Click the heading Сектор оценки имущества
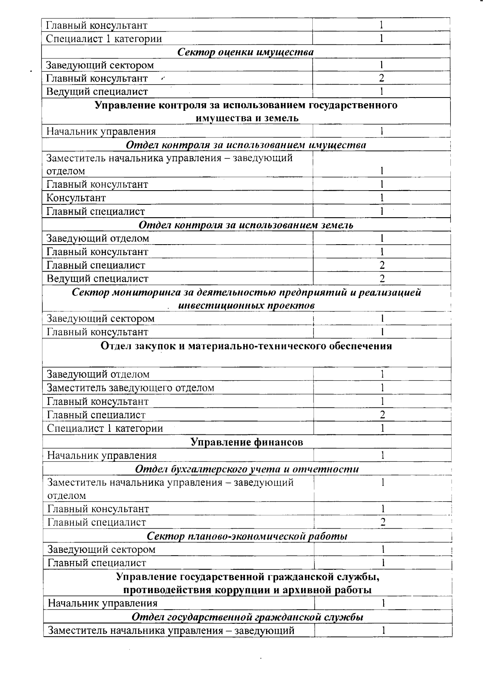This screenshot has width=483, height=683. coord(246,52)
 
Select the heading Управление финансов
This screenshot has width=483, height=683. coord(246,442)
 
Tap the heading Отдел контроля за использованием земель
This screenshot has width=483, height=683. coord(246,225)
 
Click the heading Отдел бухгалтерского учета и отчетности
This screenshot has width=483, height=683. coord(247,469)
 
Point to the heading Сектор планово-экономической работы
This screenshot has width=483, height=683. coord(247,536)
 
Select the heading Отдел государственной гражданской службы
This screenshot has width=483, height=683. coord(248,617)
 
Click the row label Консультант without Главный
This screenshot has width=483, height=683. coord(76,198)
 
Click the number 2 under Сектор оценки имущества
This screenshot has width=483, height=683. coord(381,78)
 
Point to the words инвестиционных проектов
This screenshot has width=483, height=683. coord(246,305)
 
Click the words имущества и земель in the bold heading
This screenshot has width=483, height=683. coord(247,118)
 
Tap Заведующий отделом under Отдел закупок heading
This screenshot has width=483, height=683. coord(98,374)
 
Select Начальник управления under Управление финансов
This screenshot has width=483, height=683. coord(102,456)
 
